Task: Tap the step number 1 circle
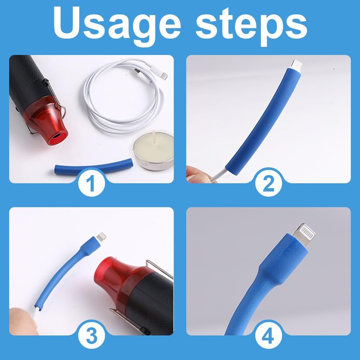point(91,184)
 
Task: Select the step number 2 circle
point(269,184)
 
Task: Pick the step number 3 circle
point(91,336)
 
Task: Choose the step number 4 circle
point(269,336)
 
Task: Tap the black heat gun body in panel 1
point(27,76)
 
